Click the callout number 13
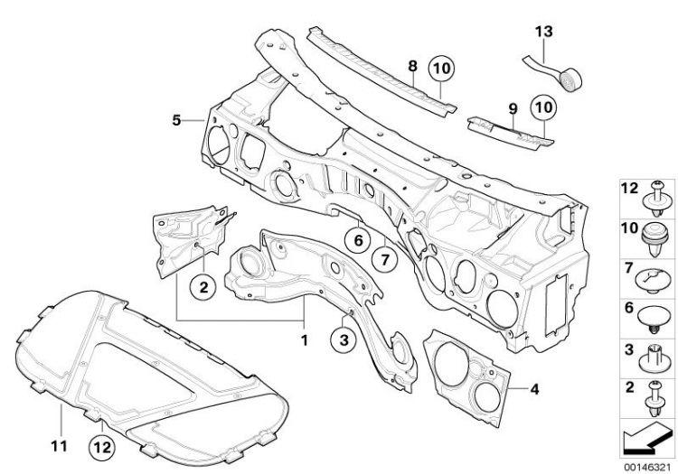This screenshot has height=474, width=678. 544,32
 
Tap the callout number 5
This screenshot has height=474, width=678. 176,120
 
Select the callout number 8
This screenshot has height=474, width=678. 413,66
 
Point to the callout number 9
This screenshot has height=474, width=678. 513,108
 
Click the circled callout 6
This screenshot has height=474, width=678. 359,240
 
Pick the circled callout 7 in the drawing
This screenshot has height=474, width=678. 385,260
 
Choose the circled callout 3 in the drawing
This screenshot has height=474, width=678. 344,340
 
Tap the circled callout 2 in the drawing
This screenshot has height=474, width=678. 203,286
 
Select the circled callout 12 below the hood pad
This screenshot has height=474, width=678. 102,447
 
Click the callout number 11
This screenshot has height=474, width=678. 60,446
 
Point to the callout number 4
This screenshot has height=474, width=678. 535,389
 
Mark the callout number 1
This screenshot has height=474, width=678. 305,340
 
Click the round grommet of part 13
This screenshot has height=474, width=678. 570,79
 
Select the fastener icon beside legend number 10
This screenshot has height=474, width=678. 653,240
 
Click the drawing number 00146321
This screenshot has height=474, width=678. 647,467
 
